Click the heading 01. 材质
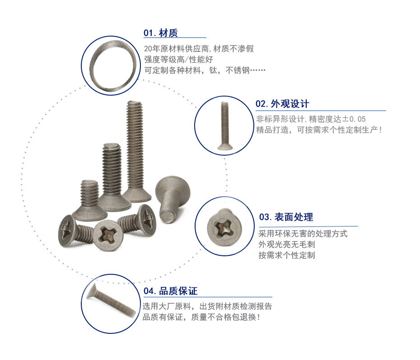tap(160, 33)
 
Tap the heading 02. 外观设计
tap(282, 104)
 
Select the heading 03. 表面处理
tap(286, 217)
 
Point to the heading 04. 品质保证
tap(170, 291)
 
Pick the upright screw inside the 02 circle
tap(225, 125)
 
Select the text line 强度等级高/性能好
tap(179, 60)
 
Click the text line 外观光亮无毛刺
tap(287, 245)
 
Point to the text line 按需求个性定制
tap(287, 255)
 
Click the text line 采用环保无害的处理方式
tap(303, 234)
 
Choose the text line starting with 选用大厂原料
tap(207, 306)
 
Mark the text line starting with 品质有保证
tap(201, 317)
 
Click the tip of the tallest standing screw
tap(135, 102)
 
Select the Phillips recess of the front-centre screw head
tap(108, 235)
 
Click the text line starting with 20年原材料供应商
tap(199, 49)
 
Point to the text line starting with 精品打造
tap(319, 130)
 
